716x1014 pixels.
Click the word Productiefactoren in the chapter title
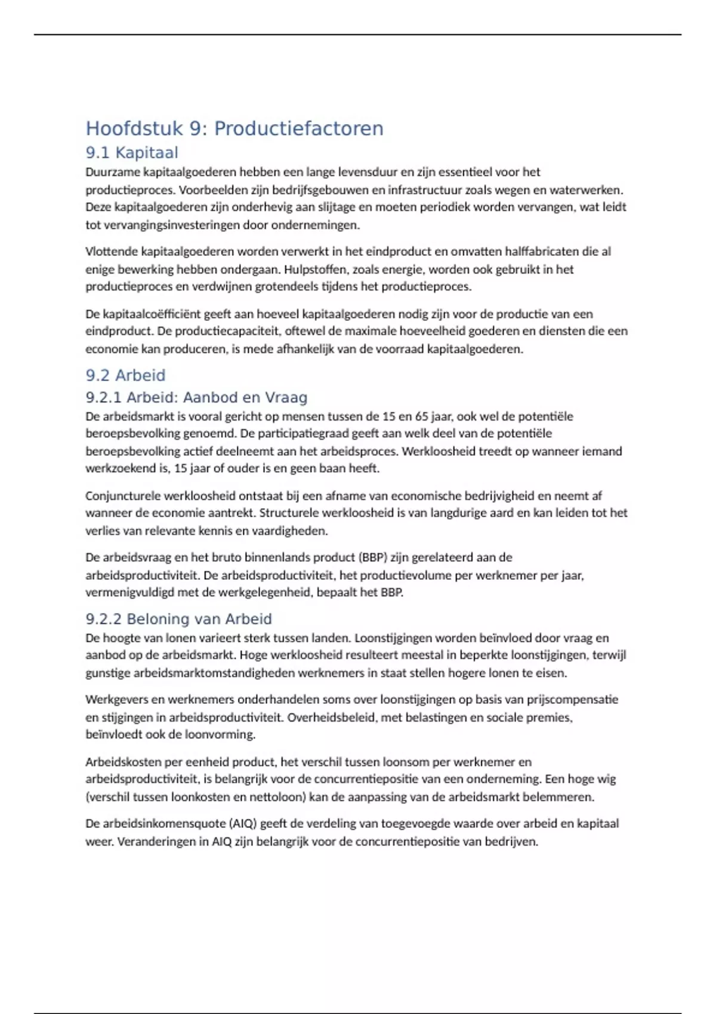click(x=298, y=128)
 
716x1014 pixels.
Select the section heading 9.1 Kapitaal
click(x=132, y=153)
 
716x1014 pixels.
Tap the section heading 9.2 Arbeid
click(x=125, y=375)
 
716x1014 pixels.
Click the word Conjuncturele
click(x=123, y=496)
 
